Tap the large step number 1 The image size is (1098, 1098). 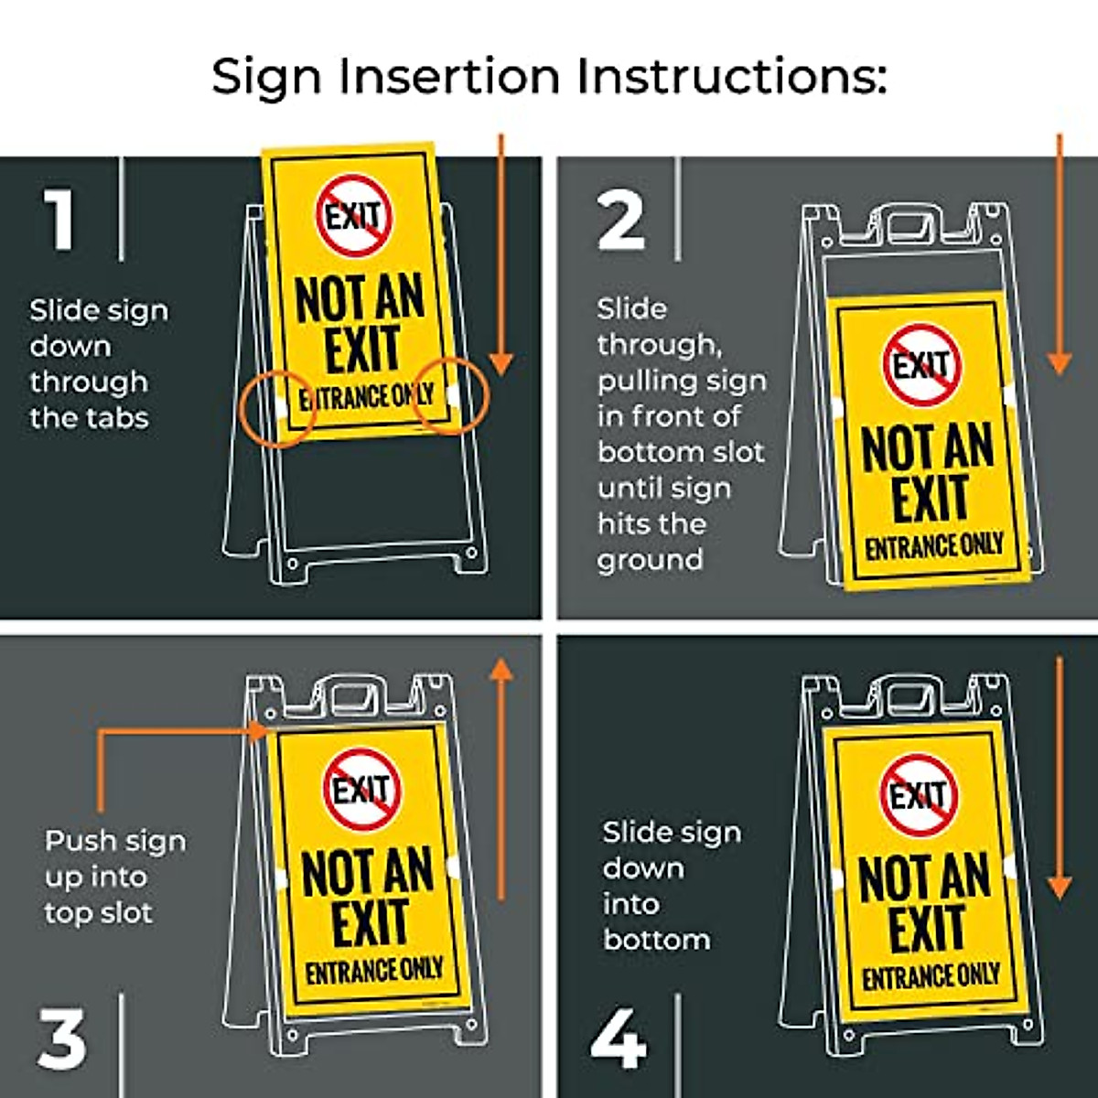pos(59,220)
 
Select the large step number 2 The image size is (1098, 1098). pos(621,221)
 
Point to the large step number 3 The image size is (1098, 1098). pos(62,1038)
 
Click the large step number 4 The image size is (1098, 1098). pos(619,1038)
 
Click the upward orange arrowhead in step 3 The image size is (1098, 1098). pos(501,669)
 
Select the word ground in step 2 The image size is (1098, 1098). pos(650,561)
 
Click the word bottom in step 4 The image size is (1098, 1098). pos(657,940)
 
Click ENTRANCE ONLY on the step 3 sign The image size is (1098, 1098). pos(374,971)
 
